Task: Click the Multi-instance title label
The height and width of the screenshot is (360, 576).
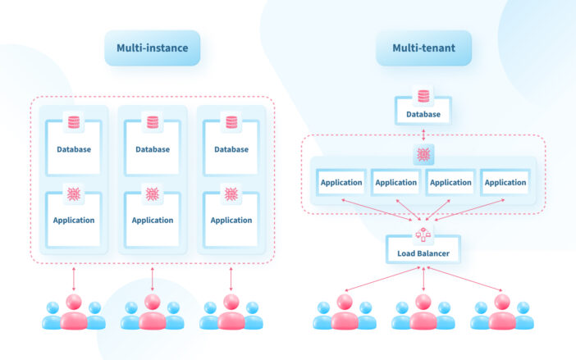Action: pyautogui.click(x=152, y=48)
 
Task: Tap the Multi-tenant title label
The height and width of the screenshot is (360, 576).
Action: pyautogui.click(x=423, y=48)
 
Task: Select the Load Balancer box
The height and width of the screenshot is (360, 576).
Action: pyautogui.click(x=423, y=253)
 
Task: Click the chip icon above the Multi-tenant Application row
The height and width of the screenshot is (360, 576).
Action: pyautogui.click(x=423, y=154)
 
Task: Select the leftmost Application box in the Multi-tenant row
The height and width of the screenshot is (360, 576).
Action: pyautogui.click(x=341, y=183)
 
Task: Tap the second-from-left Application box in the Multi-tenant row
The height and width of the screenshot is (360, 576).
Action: pyautogui.click(x=396, y=183)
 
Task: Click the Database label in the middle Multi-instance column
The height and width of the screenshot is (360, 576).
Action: pyautogui.click(x=153, y=149)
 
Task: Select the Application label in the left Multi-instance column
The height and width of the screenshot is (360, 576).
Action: pyautogui.click(x=74, y=220)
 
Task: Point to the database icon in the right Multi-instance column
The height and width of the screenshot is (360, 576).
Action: pyautogui.click(x=231, y=122)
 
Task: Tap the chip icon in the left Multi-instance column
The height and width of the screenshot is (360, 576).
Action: pyautogui.click(x=74, y=194)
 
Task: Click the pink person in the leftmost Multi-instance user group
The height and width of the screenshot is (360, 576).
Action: pyautogui.click(x=74, y=312)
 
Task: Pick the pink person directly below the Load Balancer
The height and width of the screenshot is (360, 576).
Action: pyautogui.click(x=423, y=312)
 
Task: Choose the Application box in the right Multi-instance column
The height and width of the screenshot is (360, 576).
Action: pyautogui.click(x=231, y=220)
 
